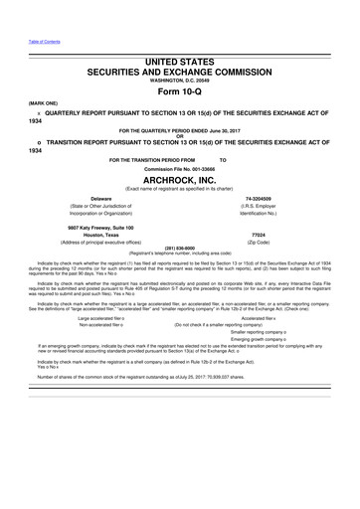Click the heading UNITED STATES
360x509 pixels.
click(180, 63)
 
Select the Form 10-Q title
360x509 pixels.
click(180, 90)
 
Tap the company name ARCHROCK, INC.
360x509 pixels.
click(180, 181)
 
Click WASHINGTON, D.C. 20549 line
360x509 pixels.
click(180, 81)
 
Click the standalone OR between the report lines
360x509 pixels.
click(180, 136)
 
